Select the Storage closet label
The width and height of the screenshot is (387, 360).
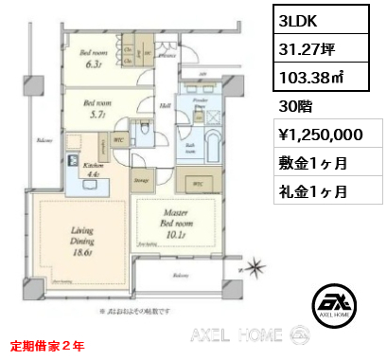click(x=140, y=176)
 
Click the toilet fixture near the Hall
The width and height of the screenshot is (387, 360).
click(x=144, y=129)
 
